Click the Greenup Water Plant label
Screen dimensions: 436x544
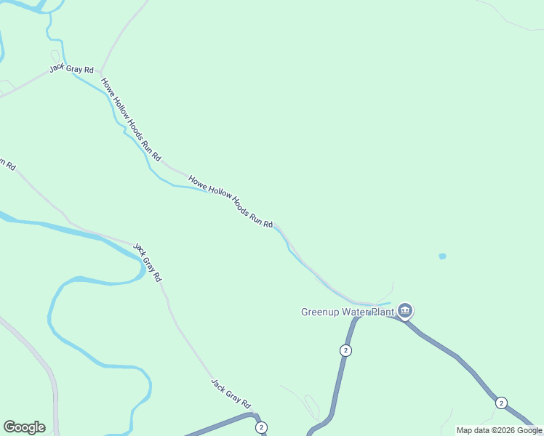[348, 312]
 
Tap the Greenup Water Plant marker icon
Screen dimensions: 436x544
[405, 312]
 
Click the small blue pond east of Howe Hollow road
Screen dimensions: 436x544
[442, 257]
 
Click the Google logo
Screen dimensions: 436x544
[24, 427]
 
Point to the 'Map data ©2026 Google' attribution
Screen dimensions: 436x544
[499, 430]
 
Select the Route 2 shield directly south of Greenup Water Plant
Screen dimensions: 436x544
[345, 350]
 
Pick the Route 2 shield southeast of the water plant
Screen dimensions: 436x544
[500, 403]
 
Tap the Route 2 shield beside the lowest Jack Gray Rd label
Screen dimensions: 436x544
[261, 427]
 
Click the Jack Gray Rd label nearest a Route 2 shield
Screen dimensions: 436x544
[231, 393]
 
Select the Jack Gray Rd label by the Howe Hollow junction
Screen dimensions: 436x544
[72, 69]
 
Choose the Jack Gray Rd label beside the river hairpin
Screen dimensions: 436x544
[148, 262]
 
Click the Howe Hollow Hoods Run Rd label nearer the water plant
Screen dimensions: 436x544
[230, 201]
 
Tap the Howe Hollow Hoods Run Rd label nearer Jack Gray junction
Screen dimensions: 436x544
[131, 119]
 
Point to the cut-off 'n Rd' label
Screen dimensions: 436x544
[7, 164]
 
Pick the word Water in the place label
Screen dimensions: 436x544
[353, 312]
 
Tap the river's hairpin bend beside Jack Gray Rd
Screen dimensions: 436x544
[141, 269]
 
